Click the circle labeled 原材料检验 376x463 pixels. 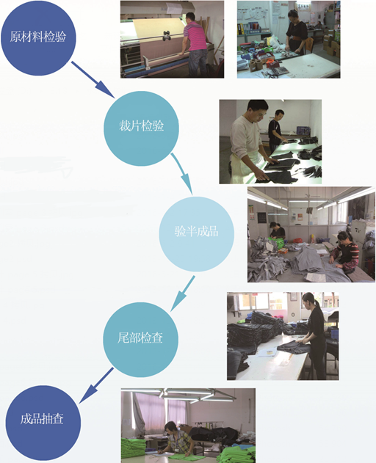click(x=38, y=38)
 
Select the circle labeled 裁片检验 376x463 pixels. click(x=141, y=128)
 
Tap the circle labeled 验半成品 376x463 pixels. click(x=197, y=234)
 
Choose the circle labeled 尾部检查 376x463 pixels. click(x=141, y=339)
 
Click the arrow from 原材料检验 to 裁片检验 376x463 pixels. click(x=93, y=80)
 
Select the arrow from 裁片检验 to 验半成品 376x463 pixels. click(x=182, y=174)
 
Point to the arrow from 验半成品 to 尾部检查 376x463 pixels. click(x=183, y=294)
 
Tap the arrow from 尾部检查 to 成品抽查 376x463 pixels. click(x=96, y=385)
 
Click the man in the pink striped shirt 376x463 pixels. click(x=195, y=44)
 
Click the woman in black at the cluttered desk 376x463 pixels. click(x=296, y=33)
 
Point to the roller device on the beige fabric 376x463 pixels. click(x=167, y=35)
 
